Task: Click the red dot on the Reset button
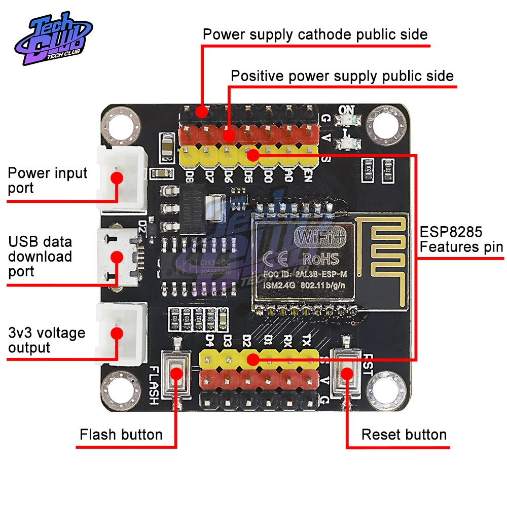[x=346, y=374]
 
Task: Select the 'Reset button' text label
[x=404, y=434]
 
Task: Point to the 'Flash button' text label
[x=121, y=434]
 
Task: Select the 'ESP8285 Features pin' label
[x=461, y=240]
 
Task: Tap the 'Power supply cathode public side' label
[x=315, y=34]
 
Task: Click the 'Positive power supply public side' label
[x=342, y=76]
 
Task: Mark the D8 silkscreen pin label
[x=190, y=177]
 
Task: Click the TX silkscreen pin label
[x=306, y=339]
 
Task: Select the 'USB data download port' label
[x=40, y=256]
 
